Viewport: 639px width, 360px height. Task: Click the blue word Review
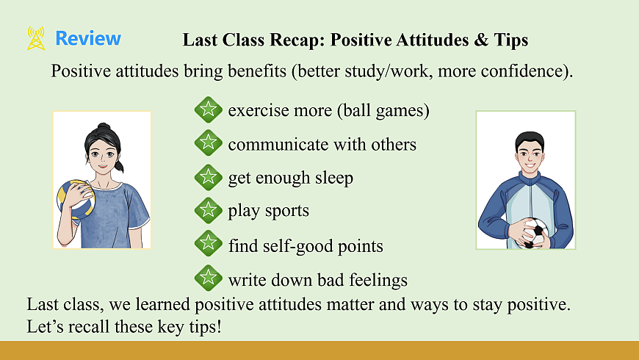coord(88,38)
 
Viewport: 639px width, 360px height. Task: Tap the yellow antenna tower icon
coord(36,38)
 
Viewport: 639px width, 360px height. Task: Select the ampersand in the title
coord(481,40)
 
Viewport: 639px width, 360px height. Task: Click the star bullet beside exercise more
coord(209,109)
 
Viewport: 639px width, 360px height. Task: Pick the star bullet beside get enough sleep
coord(209,177)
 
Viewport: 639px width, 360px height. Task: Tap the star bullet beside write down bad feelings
coord(209,278)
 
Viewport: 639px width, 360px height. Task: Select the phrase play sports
coord(268,211)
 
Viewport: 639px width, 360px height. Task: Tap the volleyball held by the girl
coord(76,200)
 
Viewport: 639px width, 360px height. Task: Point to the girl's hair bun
coord(104,126)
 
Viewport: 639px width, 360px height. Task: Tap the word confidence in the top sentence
coord(522,71)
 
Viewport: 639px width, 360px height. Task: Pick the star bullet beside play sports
coord(209,210)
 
